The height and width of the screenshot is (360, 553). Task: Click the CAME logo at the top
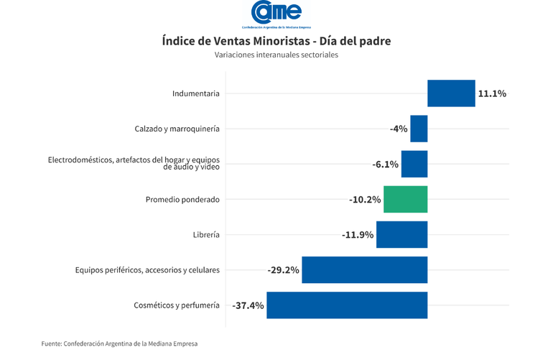[276, 14]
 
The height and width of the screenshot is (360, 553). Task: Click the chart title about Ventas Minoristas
[276, 41]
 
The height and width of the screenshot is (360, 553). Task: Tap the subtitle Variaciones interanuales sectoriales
[276, 55]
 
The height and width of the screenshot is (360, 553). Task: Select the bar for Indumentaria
[451, 93]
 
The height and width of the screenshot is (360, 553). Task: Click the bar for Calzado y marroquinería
[419, 129]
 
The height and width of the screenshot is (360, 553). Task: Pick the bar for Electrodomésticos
[414, 164]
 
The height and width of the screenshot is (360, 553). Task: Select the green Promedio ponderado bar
[405, 199]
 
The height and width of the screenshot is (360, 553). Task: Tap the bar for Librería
[401, 234]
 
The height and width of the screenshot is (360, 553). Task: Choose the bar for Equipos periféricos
[364, 269]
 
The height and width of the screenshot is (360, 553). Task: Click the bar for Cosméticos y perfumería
[347, 305]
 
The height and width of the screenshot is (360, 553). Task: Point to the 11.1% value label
[492, 93]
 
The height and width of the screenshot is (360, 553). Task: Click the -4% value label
[399, 129]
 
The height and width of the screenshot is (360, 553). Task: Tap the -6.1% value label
[386, 164]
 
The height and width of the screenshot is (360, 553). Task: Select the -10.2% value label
[365, 199]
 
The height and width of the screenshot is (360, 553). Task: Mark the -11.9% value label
[358, 234]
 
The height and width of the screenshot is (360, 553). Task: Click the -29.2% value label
[283, 269]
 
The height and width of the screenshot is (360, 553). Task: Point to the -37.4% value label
[248, 305]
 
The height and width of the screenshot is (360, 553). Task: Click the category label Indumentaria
[196, 93]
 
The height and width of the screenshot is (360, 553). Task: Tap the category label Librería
[206, 234]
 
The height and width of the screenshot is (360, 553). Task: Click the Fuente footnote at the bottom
[119, 344]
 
